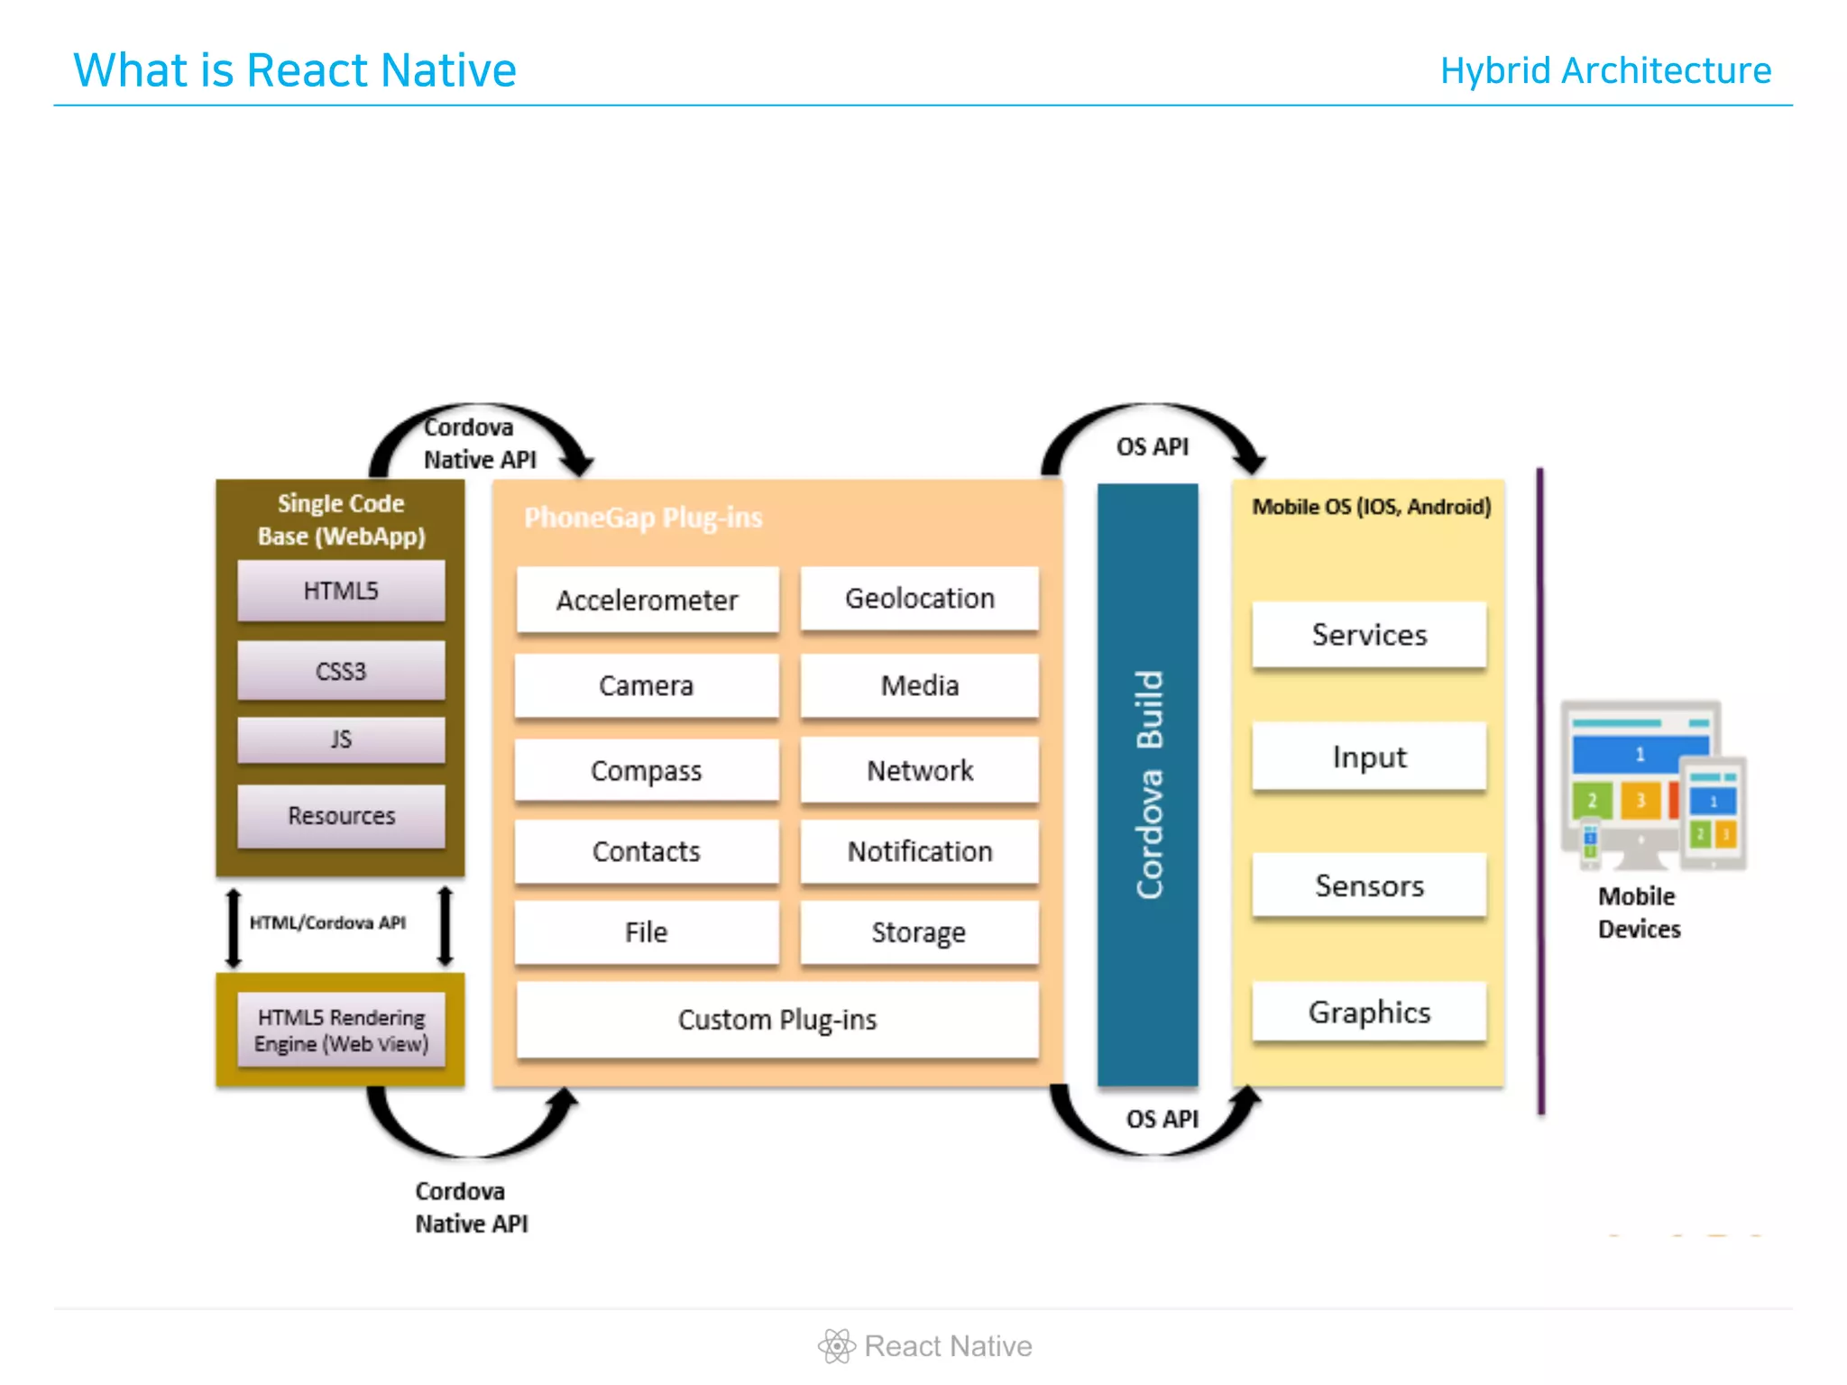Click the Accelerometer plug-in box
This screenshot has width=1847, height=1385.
click(x=647, y=600)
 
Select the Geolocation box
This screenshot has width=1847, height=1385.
click(x=919, y=598)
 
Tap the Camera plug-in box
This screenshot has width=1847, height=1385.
click(x=646, y=685)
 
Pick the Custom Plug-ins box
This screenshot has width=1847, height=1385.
click(x=776, y=1019)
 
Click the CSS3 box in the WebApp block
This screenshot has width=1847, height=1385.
click(x=341, y=671)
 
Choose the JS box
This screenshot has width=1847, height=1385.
click(x=341, y=739)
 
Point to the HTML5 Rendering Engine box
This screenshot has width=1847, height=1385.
click(x=341, y=1030)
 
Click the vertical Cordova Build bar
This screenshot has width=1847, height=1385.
click(x=1147, y=784)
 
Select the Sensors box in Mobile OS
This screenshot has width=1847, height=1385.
click(x=1368, y=885)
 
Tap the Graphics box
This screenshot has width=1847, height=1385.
click(x=1368, y=1012)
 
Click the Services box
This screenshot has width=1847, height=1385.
click(x=1368, y=635)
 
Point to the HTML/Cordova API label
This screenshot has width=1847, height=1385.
click(x=327, y=922)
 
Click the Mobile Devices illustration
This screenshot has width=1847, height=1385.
click(x=1652, y=784)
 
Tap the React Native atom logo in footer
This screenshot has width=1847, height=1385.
click(x=836, y=1346)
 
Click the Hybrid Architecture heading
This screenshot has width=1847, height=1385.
click(x=1605, y=70)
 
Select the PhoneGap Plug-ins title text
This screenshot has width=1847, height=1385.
click(x=643, y=518)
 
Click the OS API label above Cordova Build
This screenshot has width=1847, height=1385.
click(x=1152, y=446)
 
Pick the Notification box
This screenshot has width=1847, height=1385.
click(x=919, y=851)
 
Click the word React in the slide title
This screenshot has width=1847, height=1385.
click(x=307, y=70)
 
